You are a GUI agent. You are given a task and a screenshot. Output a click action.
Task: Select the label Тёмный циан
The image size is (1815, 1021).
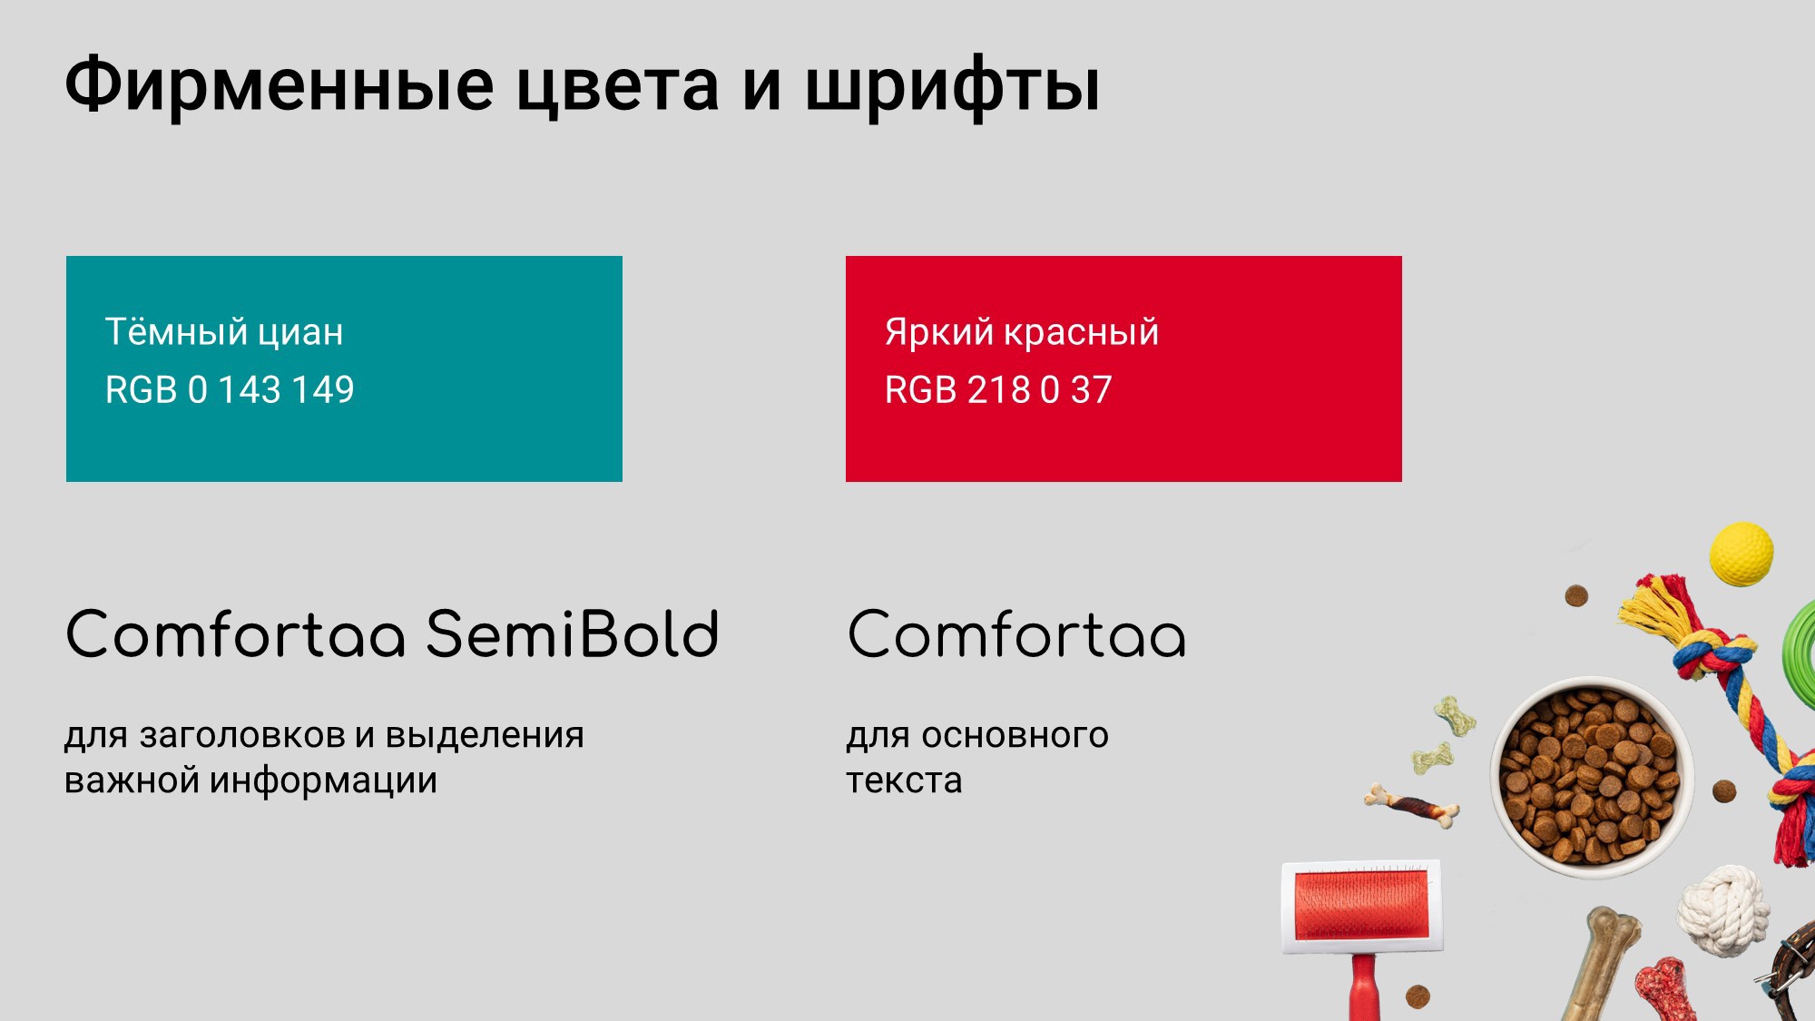(224, 331)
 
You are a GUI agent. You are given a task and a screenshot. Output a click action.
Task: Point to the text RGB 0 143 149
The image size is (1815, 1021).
(230, 389)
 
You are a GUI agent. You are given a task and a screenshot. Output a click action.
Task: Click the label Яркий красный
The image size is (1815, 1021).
(1022, 332)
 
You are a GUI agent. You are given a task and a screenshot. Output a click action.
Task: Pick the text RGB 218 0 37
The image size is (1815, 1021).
(998, 389)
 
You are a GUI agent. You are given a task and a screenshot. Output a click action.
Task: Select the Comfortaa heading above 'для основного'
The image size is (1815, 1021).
(1016, 633)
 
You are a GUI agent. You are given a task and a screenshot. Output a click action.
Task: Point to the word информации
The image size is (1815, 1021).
(323, 780)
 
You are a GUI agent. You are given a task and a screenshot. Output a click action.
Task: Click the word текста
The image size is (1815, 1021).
(904, 780)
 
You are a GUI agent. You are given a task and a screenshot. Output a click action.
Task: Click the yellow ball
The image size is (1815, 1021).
(1741, 554)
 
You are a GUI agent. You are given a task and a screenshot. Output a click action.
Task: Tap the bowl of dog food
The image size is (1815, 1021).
(1592, 776)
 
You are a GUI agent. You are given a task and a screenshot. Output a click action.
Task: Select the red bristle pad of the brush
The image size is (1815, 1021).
(1361, 905)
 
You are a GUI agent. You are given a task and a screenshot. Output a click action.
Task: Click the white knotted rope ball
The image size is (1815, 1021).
(1723, 910)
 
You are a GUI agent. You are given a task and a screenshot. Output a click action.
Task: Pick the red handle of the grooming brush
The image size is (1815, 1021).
(1364, 987)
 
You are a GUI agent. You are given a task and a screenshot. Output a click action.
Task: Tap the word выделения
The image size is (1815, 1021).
(485, 736)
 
